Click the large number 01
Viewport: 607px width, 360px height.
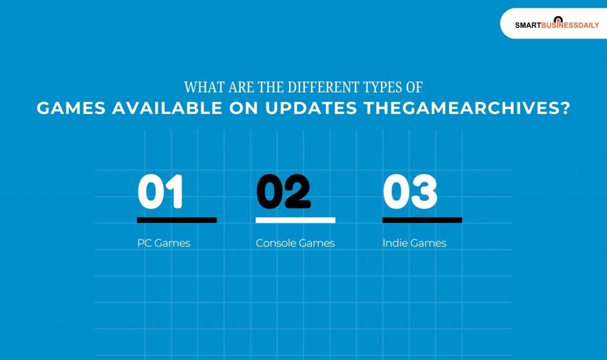click(161, 192)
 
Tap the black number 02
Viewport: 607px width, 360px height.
click(283, 192)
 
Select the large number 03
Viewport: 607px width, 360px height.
click(410, 192)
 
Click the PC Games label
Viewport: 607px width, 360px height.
click(164, 243)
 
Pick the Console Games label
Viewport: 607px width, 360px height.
click(295, 243)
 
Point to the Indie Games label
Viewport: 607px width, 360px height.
click(414, 243)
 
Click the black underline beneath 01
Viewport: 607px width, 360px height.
click(177, 220)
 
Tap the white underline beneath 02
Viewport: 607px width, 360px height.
click(295, 220)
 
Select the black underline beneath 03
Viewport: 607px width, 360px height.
click(422, 220)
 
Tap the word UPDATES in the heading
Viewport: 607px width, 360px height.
click(318, 109)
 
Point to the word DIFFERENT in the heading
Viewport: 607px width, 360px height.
click(317, 87)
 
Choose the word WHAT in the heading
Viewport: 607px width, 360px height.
click(200, 87)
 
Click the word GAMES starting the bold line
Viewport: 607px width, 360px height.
click(71, 109)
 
